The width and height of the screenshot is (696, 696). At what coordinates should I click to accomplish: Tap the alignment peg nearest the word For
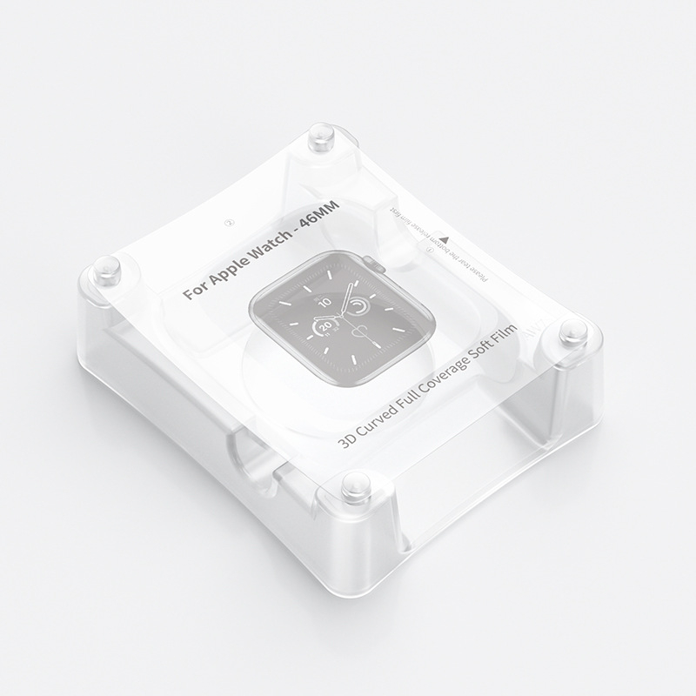click(x=104, y=268)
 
